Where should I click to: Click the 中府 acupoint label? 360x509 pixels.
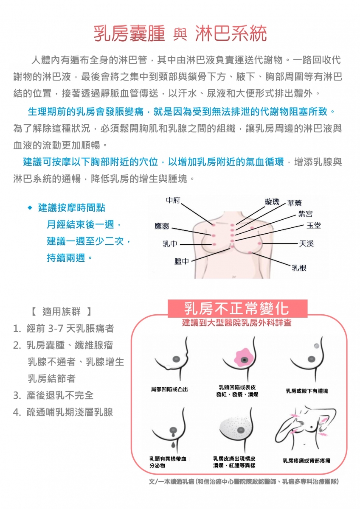[173, 200]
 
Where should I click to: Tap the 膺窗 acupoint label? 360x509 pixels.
[162, 227]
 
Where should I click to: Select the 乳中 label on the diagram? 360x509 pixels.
[170, 244]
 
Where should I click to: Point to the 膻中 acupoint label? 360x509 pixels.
[182, 261]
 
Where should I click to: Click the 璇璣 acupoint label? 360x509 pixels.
[272, 201]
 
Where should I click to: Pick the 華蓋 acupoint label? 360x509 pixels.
[295, 203]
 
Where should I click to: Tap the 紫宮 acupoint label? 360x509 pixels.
[305, 214]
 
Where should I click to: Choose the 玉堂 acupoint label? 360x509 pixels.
[314, 225]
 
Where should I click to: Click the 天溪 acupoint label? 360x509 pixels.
[306, 244]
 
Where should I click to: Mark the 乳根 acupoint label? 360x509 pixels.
[299, 268]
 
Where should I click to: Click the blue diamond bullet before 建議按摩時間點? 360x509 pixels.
[30, 208]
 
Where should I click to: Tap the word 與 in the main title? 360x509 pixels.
[180, 35]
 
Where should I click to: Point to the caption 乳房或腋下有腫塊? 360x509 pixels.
[307, 391]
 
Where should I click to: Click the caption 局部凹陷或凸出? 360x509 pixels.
[169, 389]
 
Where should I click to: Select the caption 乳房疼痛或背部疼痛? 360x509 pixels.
[307, 461]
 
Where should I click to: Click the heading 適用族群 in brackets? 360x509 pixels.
[62, 311]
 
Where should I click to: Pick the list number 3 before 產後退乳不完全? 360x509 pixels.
[16, 396]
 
